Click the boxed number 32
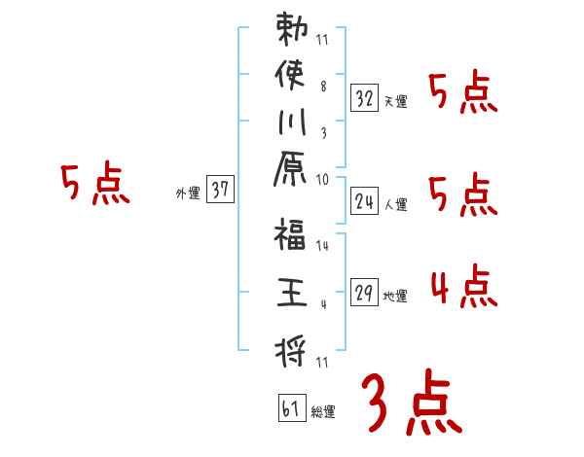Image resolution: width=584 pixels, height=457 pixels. [365, 98]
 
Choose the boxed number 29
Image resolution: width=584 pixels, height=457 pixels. [365, 293]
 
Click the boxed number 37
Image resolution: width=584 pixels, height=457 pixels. [220, 191]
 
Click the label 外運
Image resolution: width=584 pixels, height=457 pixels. [188, 193]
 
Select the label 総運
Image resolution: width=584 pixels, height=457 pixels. [323, 411]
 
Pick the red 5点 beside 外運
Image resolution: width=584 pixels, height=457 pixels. [95, 185]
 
